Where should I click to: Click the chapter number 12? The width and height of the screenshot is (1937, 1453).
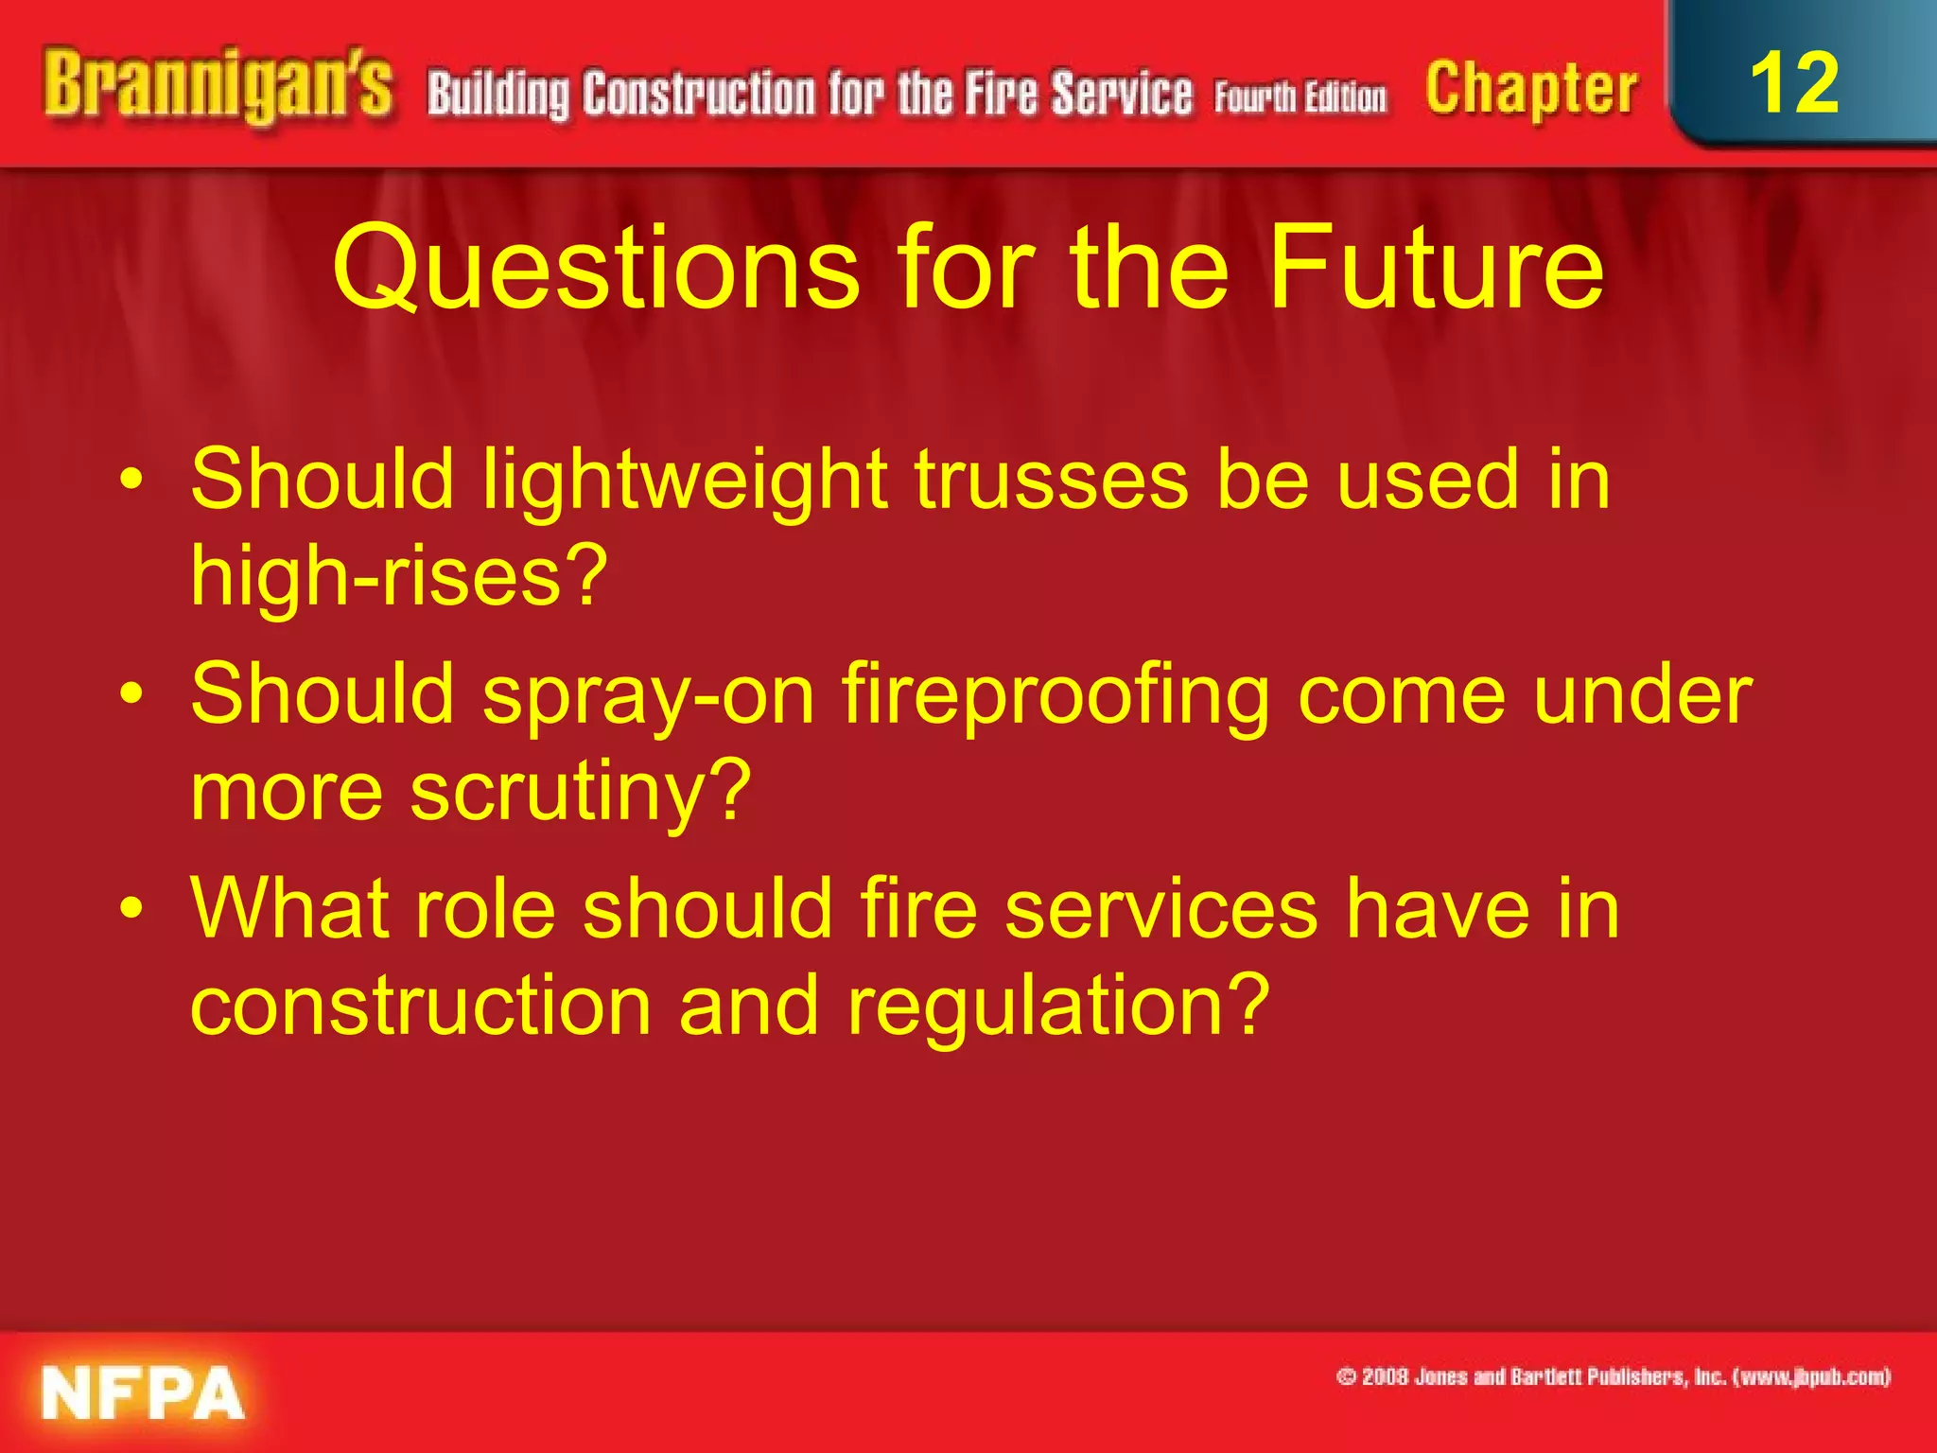tap(1794, 83)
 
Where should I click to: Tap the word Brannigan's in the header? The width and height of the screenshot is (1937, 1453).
tap(218, 87)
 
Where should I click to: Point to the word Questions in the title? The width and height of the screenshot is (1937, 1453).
tap(596, 270)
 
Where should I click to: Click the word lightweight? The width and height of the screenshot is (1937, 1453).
tap(685, 481)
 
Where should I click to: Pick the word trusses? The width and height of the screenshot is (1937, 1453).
tap(1051, 480)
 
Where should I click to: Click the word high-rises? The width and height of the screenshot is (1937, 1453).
tap(398, 576)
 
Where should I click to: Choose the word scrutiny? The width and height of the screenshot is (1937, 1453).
tap(580, 793)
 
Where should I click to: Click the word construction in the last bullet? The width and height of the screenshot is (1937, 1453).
tap(421, 1006)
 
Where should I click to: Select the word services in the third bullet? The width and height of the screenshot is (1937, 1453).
tap(1161, 909)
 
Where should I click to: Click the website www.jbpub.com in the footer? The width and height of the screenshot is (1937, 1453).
tap(1810, 1376)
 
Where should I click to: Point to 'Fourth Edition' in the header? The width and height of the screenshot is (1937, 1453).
tap(1300, 97)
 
